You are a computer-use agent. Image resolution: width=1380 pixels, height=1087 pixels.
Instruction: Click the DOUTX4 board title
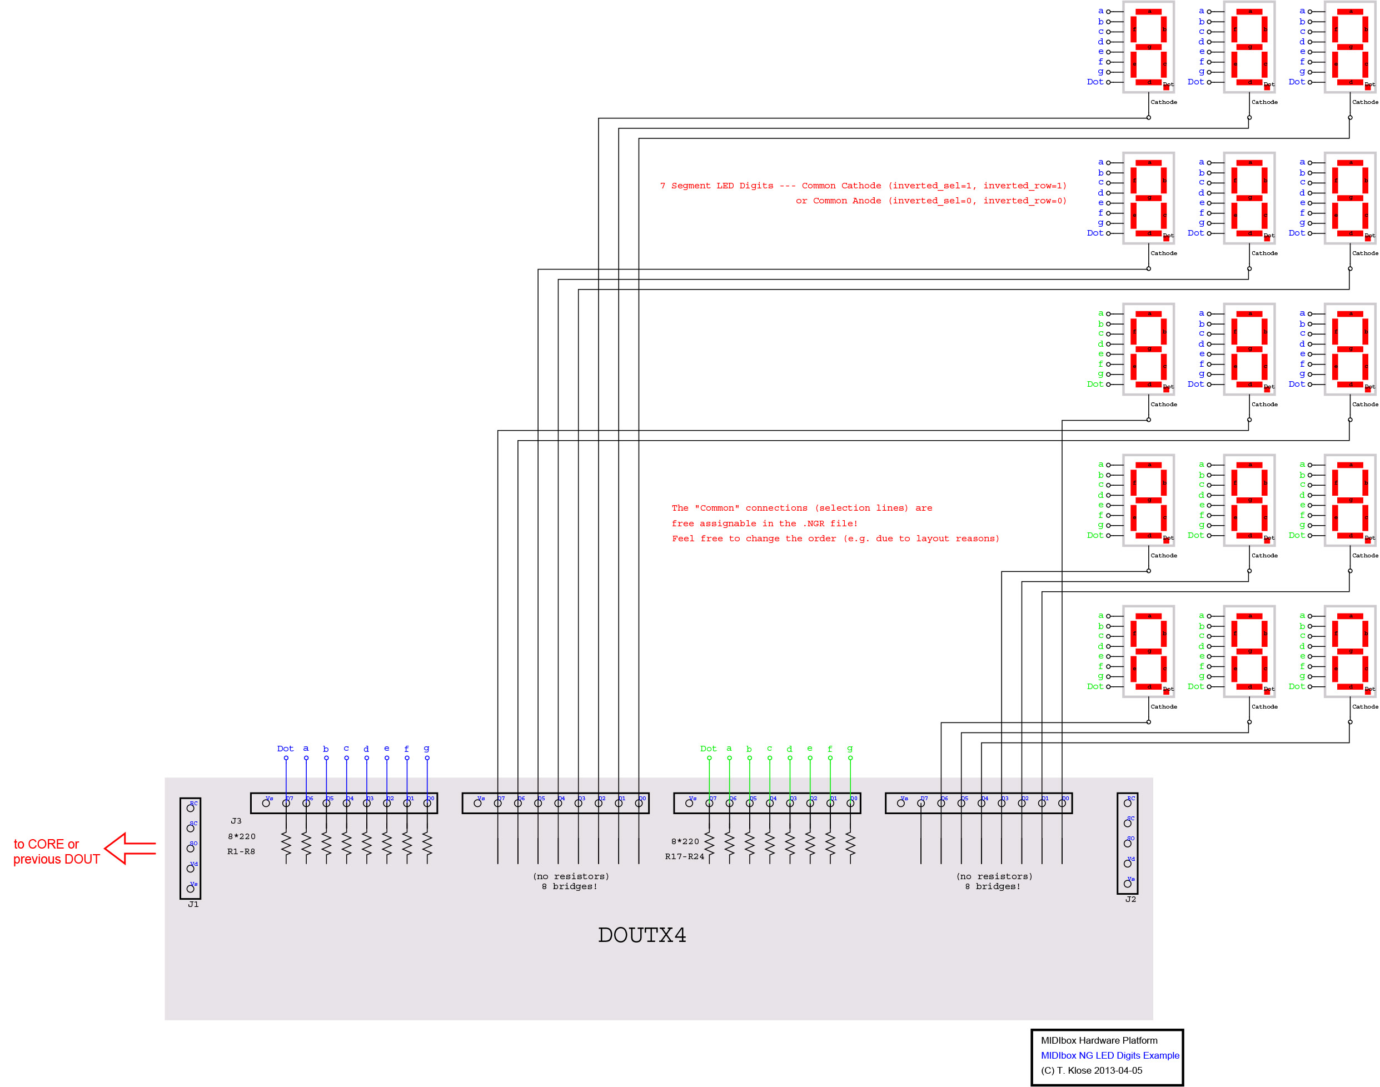coord(641,935)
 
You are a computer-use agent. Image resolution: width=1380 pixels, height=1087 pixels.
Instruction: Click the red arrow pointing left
coord(130,849)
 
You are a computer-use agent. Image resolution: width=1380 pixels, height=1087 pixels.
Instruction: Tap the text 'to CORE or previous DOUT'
coord(56,851)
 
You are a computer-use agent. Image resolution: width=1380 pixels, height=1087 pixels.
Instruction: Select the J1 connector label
coord(193,904)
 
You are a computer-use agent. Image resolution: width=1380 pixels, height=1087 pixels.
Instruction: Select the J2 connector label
coord(1130,899)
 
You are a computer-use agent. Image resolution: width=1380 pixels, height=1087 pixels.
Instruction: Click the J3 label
coord(236,821)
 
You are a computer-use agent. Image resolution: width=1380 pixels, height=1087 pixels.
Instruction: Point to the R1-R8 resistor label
coord(241,851)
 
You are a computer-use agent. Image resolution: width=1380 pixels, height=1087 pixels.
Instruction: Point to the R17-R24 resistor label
coord(684,856)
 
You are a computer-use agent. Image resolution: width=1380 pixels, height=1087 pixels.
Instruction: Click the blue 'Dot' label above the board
coord(285,749)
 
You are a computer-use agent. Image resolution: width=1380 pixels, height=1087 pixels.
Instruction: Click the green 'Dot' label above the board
coord(708,749)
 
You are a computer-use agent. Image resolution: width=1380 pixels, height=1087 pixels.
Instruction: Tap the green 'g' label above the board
coord(850,749)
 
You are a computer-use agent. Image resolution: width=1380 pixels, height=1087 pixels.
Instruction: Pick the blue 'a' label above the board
coord(306,749)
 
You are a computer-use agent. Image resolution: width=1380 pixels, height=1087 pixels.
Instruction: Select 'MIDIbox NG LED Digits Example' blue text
coord(1109,1055)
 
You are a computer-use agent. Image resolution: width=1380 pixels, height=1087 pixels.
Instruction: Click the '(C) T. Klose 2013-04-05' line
coord(1091,1070)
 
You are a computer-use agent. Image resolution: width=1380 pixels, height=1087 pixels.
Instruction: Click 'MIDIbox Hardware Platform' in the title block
coord(1099,1040)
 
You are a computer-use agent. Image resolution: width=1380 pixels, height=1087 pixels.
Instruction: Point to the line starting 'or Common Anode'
coord(930,201)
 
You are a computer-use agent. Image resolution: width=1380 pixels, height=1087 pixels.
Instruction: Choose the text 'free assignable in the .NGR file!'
coord(764,523)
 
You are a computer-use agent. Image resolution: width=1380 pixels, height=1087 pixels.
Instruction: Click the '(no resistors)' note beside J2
coord(994,876)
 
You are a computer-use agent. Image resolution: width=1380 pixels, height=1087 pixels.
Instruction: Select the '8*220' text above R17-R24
coord(685,841)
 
